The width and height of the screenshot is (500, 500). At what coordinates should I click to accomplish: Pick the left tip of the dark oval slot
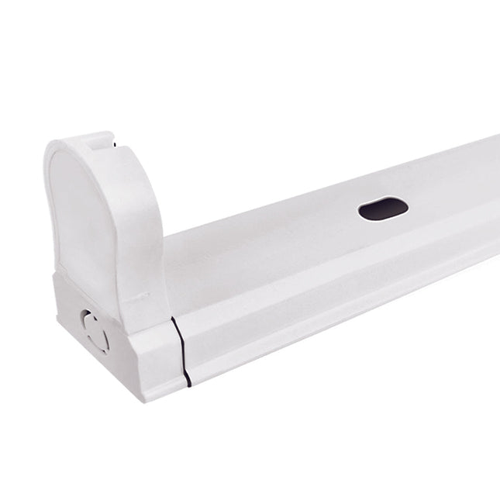coord(360,210)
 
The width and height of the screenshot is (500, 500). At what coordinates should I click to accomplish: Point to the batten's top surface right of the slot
coord(450,186)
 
